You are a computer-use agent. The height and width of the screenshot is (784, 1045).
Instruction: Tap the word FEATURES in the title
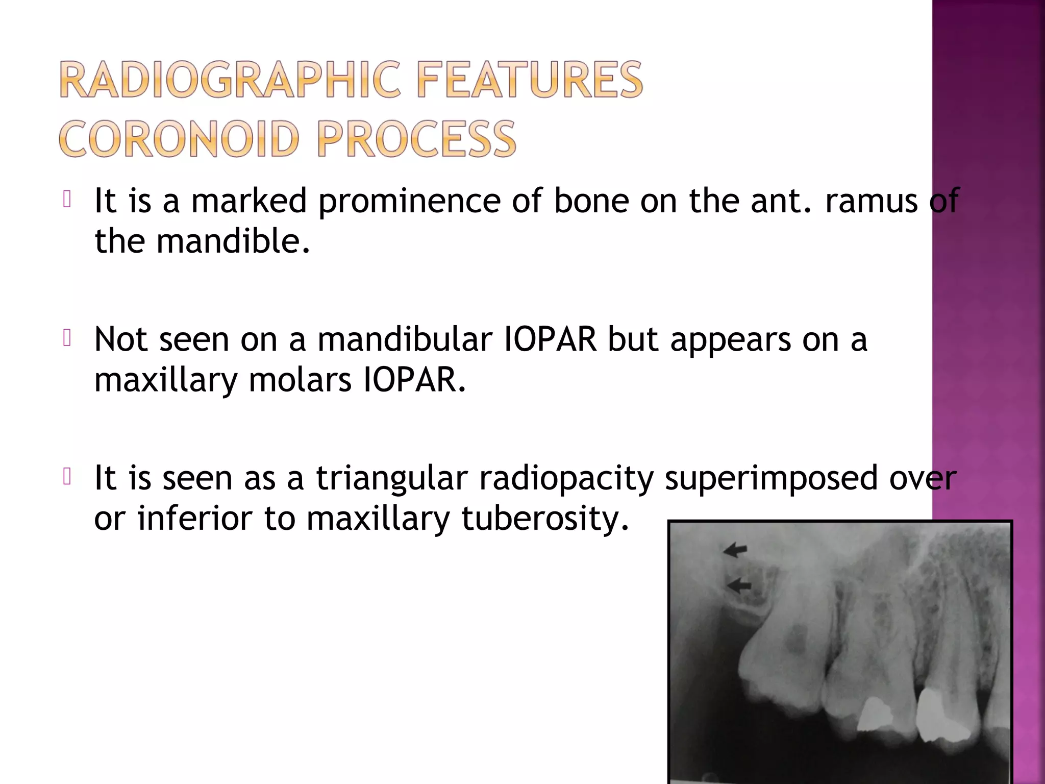click(530, 80)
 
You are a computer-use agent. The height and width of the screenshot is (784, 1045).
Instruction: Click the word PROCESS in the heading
click(416, 139)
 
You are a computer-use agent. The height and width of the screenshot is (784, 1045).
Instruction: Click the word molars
click(300, 380)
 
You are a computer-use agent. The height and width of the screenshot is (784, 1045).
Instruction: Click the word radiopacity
click(566, 479)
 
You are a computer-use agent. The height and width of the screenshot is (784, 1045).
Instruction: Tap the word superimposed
click(771, 479)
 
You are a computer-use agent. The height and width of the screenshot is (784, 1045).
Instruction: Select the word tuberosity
click(545, 519)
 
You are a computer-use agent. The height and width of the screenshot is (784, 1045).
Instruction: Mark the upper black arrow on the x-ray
click(735, 550)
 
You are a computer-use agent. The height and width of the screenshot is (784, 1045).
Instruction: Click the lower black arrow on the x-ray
click(739, 586)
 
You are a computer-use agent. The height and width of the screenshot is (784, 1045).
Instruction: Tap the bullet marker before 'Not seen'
click(67, 338)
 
